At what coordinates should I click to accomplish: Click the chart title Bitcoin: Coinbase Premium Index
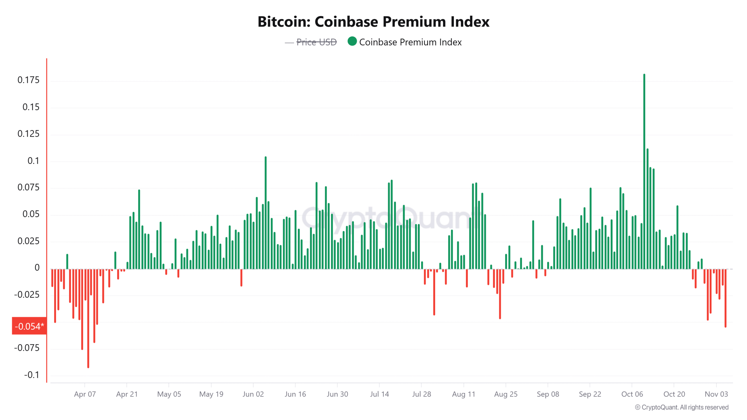pyautogui.click(x=373, y=22)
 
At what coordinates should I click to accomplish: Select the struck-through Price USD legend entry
pyautogui.click(x=316, y=42)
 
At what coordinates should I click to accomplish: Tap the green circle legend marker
pyautogui.click(x=352, y=41)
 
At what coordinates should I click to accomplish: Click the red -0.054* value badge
pyautogui.click(x=29, y=326)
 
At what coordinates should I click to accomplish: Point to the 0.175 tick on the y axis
pyautogui.click(x=28, y=80)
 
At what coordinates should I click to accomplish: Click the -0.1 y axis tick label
pyautogui.click(x=32, y=375)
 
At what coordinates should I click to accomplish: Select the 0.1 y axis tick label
pyautogui.click(x=33, y=161)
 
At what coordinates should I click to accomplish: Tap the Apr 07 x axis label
pyautogui.click(x=85, y=394)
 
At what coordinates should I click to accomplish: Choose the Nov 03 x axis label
pyautogui.click(x=716, y=394)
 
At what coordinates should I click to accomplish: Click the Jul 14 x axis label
pyautogui.click(x=379, y=394)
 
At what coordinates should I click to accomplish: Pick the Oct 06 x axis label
pyautogui.click(x=632, y=394)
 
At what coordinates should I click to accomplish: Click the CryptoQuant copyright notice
pyautogui.click(x=681, y=407)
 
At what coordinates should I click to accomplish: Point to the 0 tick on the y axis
pyautogui.click(x=37, y=268)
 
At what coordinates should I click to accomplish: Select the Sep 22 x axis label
pyautogui.click(x=590, y=394)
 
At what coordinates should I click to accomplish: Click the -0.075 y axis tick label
pyautogui.click(x=27, y=348)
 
